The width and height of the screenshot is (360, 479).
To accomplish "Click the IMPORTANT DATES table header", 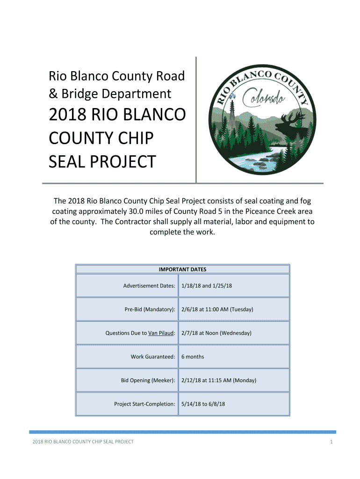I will (x=182, y=269).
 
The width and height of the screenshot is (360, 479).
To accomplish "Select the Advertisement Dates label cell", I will (x=149, y=286).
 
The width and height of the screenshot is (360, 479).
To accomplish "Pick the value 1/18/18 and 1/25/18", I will (x=207, y=286).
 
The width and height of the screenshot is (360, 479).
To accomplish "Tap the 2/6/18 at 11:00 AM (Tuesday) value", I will (x=217, y=309).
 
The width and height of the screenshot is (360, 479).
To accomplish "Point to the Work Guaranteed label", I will (x=153, y=356).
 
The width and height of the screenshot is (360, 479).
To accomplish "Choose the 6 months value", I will (x=193, y=356).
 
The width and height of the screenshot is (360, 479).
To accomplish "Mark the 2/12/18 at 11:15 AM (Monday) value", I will (x=218, y=380).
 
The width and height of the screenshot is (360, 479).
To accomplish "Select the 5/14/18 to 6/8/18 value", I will (x=203, y=404).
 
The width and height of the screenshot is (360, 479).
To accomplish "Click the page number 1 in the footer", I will (x=331, y=442).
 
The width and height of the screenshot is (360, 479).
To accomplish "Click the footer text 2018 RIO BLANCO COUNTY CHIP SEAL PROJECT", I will (x=82, y=442).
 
